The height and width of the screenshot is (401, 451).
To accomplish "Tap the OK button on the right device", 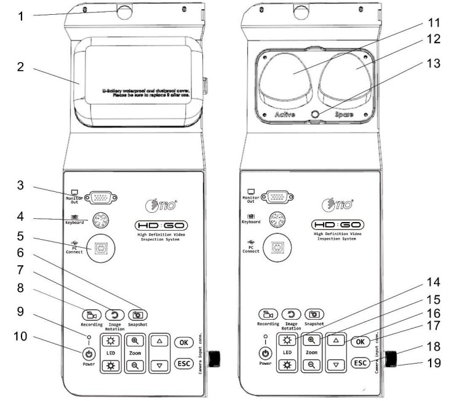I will point(361,341).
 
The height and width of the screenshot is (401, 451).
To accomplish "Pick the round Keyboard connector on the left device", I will point(100,220).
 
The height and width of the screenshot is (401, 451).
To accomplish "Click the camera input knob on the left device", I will point(216,357).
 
